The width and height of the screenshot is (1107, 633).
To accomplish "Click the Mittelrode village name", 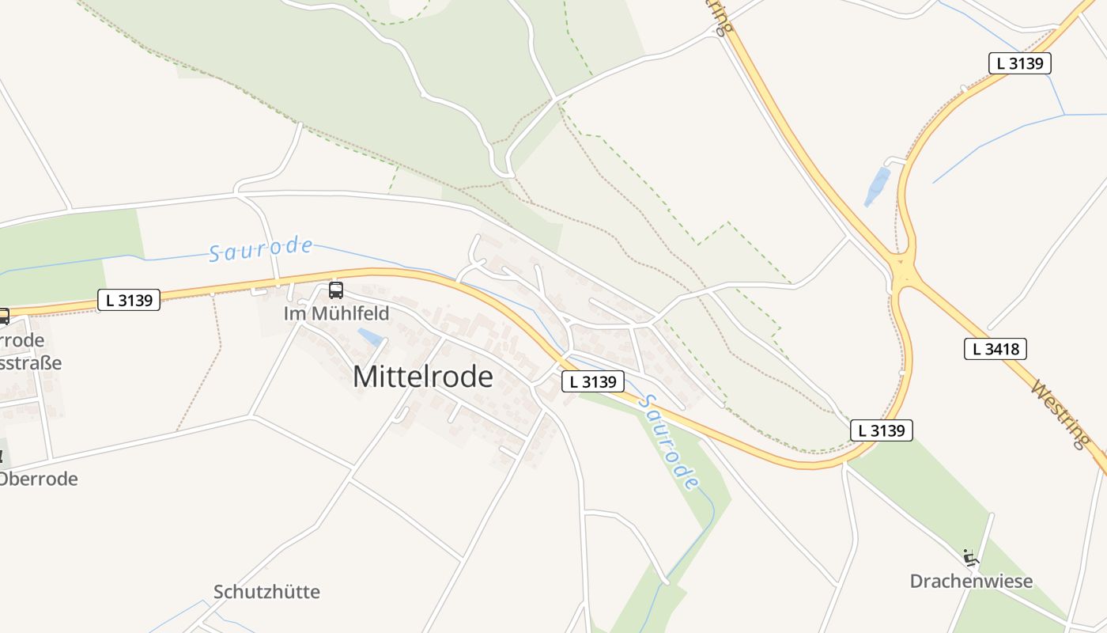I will [x=422, y=377].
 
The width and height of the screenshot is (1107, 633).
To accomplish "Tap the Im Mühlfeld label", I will [x=336, y=313].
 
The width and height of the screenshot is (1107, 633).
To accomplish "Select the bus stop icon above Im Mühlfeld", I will [x=336, y=290].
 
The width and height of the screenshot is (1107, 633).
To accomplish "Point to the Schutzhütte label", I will [x=266, y=592].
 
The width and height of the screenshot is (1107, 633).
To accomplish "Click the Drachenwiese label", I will [x=971, y=582].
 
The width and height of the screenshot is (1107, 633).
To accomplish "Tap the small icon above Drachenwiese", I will [x=971, y=557].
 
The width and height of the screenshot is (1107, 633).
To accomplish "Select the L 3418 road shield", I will [x=995, y=348].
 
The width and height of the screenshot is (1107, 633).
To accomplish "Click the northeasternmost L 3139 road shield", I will [x=1019, y=63].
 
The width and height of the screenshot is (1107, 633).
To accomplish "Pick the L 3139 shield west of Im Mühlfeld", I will [x=129, y=300].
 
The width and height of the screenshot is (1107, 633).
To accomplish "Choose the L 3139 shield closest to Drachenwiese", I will [x=882, y=430].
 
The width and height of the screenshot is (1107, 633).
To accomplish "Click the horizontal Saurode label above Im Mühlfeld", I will [x=261, y=249].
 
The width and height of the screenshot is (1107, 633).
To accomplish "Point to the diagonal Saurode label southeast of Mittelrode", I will [x=669, y=442].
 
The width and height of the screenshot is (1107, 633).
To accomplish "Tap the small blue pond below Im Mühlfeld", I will [x=369, y=337].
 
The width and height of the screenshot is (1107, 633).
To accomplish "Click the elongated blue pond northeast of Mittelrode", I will [x=877, y=187].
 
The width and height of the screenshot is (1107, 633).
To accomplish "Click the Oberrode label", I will [x=39, y=479].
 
